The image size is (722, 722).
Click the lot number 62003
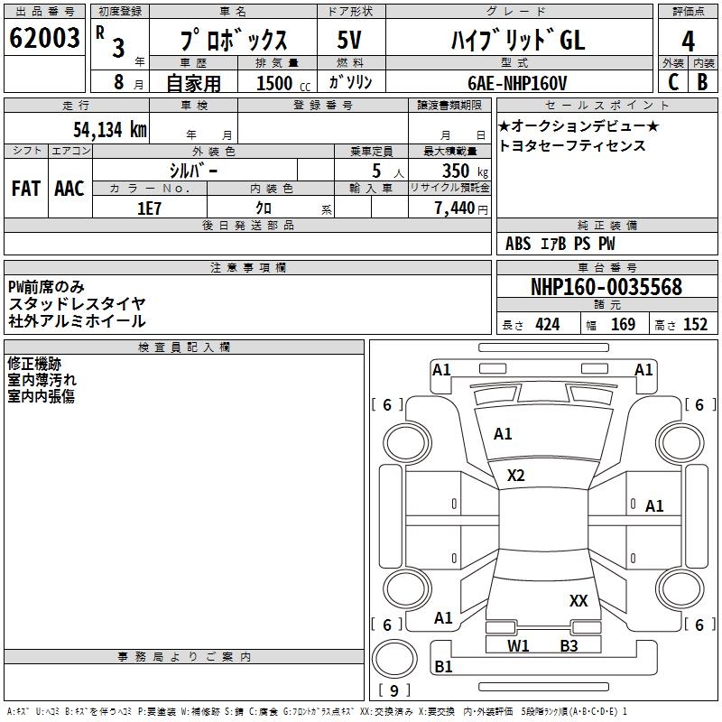coord(45,39)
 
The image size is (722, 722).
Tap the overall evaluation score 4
coord(688,41)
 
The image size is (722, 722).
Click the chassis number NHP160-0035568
coord(606,288)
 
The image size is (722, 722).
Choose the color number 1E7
coord(150,208)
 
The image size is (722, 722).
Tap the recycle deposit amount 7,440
coord(455,208)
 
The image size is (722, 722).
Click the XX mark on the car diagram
coord(579,600)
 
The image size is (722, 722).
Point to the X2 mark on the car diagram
coord(516,476)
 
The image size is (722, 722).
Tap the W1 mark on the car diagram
coord(518,645)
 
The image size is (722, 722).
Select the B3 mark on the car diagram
coord(569,645)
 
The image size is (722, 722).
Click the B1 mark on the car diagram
coord(443,667)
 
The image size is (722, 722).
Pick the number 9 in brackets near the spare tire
coord(394,691)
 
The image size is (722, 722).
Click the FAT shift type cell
coord(26,189)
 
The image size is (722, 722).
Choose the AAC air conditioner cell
coord(69,189)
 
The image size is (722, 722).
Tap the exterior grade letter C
coord(672,82)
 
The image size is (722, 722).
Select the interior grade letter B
coord(703,82)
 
